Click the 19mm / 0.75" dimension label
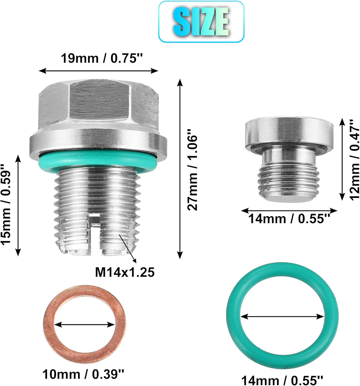point(101,58)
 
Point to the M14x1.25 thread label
point(125,272)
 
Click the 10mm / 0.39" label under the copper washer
point(83,374)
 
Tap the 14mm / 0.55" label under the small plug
point(289,219)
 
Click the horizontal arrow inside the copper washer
point(85,325)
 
